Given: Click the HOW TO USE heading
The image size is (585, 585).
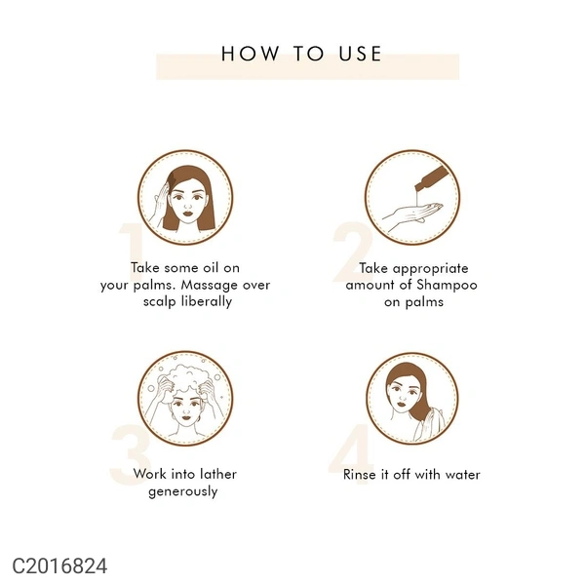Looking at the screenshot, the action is [x=301, y=54].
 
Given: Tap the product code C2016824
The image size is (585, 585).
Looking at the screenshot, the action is [x=59, y=565].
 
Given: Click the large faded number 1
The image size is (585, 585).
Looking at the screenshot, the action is [x=132, y=253].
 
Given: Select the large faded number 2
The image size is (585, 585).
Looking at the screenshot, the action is [x=352, y=252].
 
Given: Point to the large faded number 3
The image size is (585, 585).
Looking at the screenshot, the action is [x=130, y=454].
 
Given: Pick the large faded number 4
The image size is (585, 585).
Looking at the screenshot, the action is [x=351, y=454].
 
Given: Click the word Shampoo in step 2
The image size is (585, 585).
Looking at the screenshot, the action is [x=447, y=286].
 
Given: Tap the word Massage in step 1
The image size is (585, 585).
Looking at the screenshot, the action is [x=210, y=285].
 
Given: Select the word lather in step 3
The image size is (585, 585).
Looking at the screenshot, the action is [x=218, y=474].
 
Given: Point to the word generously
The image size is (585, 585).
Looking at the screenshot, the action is [x=183, y=491].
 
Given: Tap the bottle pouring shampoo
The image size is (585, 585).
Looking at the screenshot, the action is [x=432, y=179].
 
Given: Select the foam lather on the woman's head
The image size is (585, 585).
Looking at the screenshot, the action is [x=186, y=378].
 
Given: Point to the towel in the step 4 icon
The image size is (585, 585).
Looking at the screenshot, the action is [x=430, y=424].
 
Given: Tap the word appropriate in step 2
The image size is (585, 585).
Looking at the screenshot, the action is [x=431, y=269].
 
